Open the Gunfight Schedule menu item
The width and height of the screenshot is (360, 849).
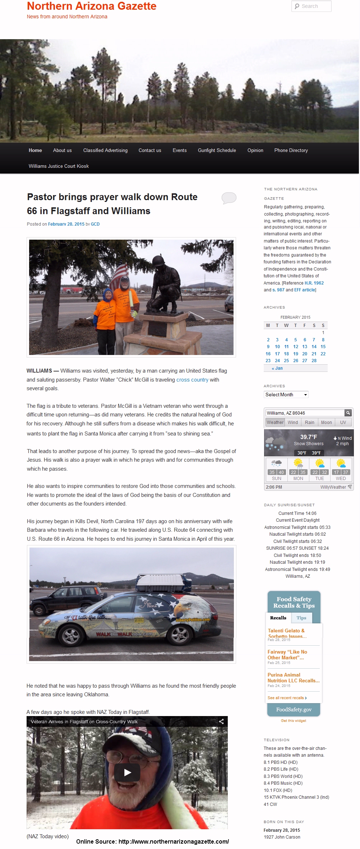coord(217,150)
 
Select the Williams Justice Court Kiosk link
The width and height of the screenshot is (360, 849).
coord(59,166)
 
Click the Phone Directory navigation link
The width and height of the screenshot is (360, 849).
coord(291,150)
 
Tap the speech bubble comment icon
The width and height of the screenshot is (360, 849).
coord(229,198)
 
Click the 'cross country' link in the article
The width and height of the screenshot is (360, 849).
coord(192,380)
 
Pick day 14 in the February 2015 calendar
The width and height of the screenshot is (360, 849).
coord(314,347)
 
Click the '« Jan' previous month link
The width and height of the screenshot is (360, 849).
coord(277,368)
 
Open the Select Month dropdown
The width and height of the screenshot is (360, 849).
coord(286,394)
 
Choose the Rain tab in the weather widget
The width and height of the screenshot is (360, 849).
coord(309,423)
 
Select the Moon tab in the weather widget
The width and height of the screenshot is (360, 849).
coord(326,423)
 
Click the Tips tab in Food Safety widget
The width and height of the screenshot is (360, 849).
coord(301,618)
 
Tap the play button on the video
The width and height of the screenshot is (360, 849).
coord(127,772)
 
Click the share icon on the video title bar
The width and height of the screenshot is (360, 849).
coord(221,721)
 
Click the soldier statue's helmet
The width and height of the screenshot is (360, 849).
coord(158,261)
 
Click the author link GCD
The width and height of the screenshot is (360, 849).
coord(95,224)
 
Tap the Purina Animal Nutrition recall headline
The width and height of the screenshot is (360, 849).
coord(293,678)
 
